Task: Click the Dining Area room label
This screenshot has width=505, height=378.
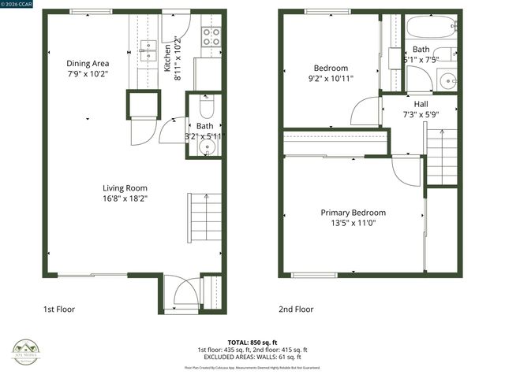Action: pos(88,64)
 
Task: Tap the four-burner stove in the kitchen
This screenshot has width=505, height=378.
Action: pos(211,36)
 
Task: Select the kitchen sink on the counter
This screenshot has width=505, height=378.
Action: pos(147,50)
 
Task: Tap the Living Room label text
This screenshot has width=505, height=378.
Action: pos(125,187)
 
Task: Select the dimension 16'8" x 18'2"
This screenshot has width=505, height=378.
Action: pos(125,198)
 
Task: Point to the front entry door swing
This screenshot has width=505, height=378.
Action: pos(181,293)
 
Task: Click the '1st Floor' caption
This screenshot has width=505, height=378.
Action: pos(59,309)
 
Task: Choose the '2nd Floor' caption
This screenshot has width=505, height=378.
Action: pos(295,309)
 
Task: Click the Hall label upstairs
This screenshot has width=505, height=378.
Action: pos(421,103)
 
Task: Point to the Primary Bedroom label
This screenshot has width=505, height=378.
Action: pos(353,213)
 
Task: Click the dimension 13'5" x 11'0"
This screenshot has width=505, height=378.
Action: pos(353,224)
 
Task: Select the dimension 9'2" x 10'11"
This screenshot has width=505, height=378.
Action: pos(331,79)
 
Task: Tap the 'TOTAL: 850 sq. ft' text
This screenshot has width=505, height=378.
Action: pos(252,343)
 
